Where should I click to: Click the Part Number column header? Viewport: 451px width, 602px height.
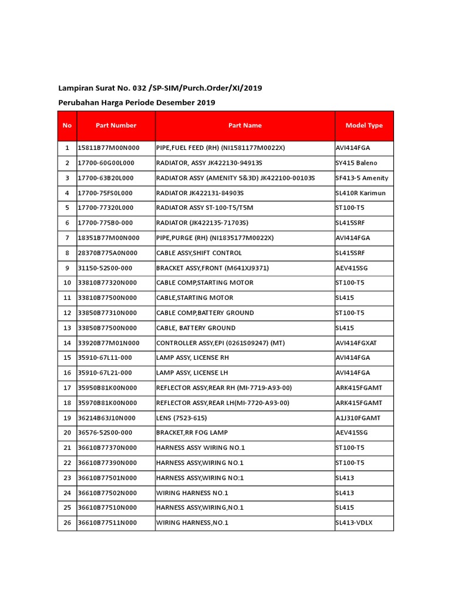[116, 125]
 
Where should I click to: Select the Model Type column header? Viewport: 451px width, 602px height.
[364, 125]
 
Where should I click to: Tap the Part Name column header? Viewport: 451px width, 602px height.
[245, 125]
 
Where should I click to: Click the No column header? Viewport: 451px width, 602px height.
[67, 125]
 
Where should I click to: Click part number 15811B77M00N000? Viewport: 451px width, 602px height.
[109, 148]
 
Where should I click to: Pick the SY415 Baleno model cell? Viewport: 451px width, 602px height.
[356, 163]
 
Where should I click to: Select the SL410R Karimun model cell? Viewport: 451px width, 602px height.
[360, 193]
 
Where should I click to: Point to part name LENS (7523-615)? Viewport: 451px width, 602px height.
[181, 418]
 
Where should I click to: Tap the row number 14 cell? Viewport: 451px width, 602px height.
[67, 343]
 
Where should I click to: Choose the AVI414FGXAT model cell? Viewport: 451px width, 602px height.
[357, 343]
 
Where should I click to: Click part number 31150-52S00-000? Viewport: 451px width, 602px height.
[105, 268]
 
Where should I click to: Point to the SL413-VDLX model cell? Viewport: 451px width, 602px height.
[354, 523]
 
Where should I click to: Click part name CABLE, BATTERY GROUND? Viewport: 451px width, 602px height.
[196, 328]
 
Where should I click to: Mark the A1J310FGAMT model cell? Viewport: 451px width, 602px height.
[358, 418]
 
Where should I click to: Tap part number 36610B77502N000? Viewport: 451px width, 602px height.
[107, 493]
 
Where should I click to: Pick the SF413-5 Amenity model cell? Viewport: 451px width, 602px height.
[361, 178]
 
